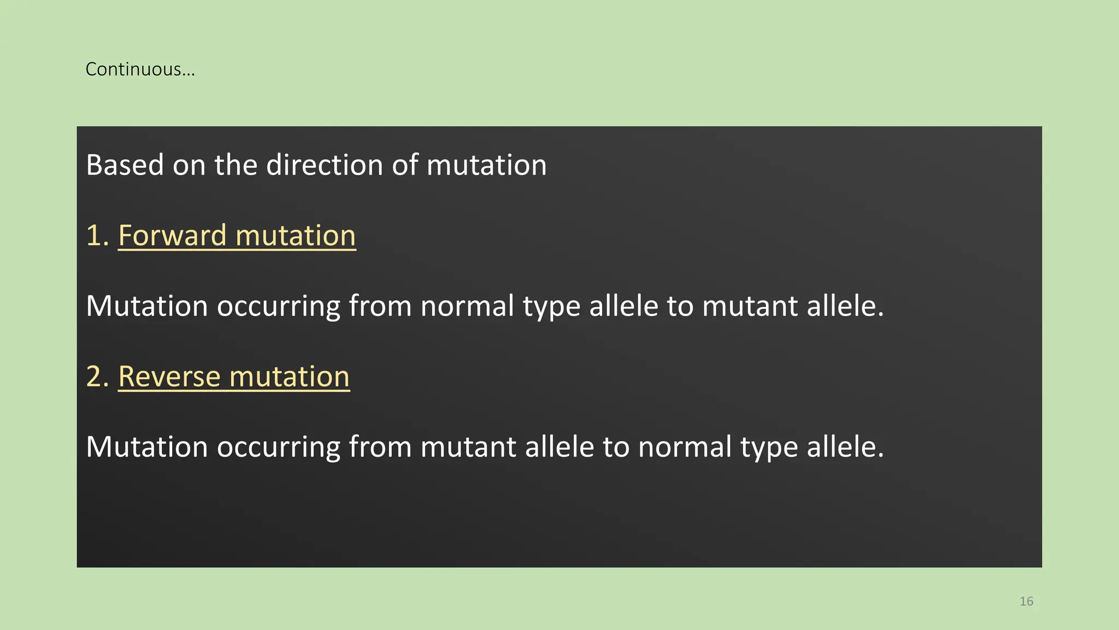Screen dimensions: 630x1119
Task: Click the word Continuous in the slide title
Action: (x=134, y=69)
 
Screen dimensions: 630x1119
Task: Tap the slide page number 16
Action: (x=1026, y=601)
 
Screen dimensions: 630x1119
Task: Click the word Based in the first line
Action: (x=125, y=165)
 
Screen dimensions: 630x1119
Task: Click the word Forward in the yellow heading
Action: (x=172, y=236)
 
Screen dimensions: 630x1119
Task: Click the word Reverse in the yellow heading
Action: (x=169, y=377)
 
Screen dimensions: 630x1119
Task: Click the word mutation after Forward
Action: (x=296, y=236)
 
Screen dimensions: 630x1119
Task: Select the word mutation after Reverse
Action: (x=290, y=377)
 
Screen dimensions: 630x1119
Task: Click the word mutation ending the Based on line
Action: (x=486, y=165)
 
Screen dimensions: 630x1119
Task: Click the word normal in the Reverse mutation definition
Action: (x=685, y=447)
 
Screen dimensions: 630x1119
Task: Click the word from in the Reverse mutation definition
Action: (x=380, y=447)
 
